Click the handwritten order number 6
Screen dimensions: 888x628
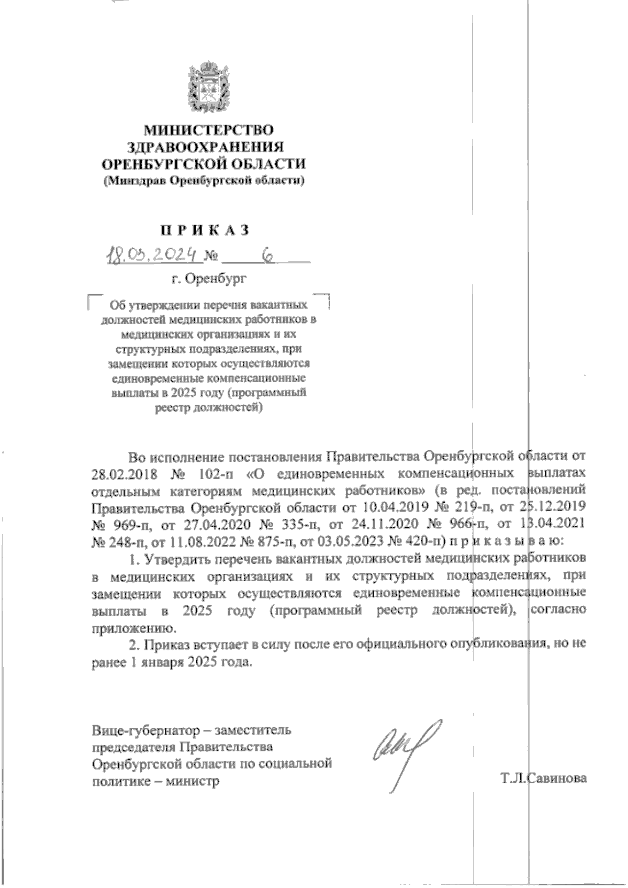[x=268, y=255]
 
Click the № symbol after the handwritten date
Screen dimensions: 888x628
[x=211, y=257]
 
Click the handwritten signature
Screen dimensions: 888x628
[x=403, y=752]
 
